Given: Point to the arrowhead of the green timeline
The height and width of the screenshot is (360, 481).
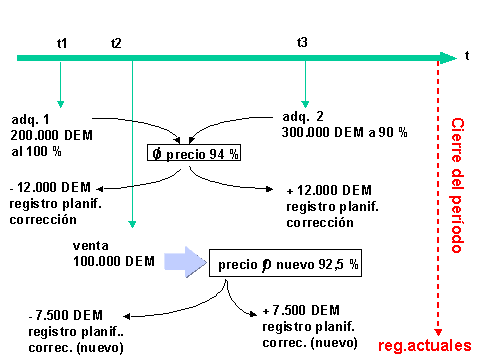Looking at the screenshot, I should [x=448, y=58].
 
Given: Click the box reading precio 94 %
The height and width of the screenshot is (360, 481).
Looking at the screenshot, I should [x=193, y=154].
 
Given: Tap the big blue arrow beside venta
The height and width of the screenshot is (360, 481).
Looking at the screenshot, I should [x=182, y=262].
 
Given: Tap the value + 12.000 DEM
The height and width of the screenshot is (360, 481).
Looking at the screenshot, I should [x=329, y=190].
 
